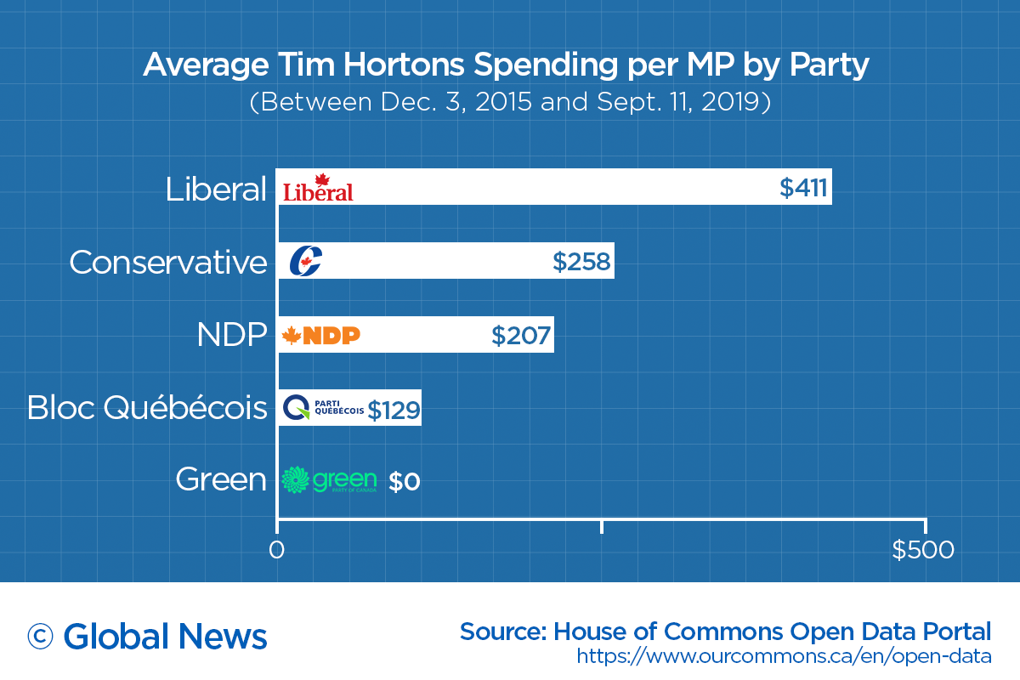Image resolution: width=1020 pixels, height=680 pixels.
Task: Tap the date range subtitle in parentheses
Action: click(510, 103)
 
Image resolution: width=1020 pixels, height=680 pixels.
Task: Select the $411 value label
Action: click(803, 187)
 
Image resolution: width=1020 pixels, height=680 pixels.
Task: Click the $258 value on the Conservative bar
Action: click(581, 263)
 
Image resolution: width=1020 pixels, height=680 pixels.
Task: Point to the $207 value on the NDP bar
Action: click(521, 336)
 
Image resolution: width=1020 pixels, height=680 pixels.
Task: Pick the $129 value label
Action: click(394, 411)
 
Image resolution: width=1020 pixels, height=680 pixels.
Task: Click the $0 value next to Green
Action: click(405, 482)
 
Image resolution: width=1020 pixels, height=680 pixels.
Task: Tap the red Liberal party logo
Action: click(318, 188)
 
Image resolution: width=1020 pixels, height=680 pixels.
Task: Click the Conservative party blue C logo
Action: click(305, 262)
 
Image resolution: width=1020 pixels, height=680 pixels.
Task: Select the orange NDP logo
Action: click(321, 336)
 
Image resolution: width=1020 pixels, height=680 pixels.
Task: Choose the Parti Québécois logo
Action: click(323, 409)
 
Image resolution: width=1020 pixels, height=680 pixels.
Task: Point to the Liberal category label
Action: click(216, 190)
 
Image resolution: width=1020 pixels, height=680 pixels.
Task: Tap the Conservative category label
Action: click(168, 263)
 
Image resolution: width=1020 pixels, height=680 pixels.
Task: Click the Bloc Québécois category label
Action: click(147, 409)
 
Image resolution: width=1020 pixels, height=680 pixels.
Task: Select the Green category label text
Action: click(221, 480)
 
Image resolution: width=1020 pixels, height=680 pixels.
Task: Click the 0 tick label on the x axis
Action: click(276, 551)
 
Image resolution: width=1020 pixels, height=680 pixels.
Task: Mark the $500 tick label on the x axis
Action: click(923, 551)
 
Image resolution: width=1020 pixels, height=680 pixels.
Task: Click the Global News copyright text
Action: click(147, 636)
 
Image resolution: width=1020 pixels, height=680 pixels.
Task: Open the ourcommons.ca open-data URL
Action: click(784, 656)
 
